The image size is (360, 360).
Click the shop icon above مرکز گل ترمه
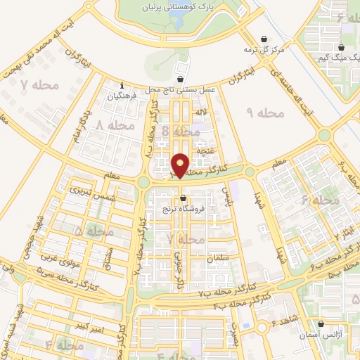tap(263, 39)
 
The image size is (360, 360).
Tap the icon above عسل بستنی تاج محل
tap(183, 79)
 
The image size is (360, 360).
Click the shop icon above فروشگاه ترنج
tap(183, 198)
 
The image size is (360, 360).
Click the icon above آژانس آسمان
tap(321, 324)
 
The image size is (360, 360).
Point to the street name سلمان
tap(219, 259)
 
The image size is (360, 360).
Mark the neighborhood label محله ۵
tap(94, 230)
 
